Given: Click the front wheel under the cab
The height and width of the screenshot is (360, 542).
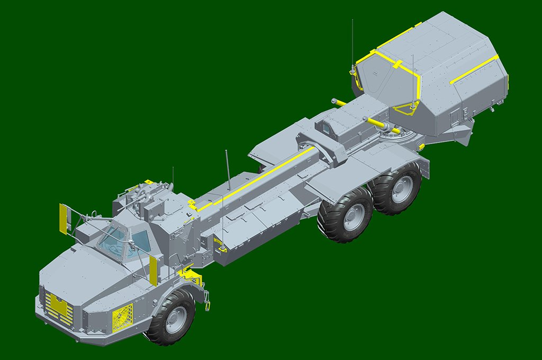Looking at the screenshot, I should (170, 316).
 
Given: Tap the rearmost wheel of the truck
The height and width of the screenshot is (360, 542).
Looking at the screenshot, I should (396, 188).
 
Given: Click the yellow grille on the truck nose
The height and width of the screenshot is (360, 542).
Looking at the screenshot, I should (59, 307).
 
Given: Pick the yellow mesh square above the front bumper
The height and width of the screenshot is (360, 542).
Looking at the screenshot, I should (122, 318).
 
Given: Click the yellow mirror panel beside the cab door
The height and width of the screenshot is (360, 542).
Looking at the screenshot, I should (153, 270).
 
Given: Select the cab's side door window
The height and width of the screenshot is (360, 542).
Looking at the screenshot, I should (141, 241).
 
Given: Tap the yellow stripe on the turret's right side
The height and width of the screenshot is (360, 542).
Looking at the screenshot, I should (474, 69).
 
